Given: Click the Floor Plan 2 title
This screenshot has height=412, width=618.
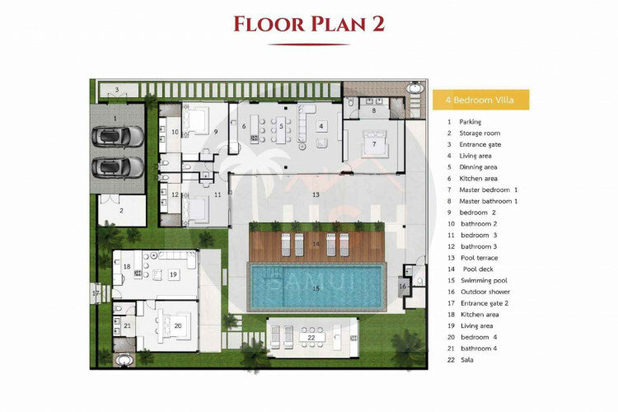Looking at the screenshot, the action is pos(309,24).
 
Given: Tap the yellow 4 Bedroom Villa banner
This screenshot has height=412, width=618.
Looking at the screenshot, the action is pos(481,100).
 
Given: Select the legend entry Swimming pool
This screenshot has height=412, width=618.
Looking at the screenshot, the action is pos(484,280).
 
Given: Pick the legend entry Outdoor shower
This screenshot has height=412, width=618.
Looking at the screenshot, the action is pos(485,292).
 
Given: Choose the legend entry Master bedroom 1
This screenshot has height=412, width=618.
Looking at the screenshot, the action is pos(489,190).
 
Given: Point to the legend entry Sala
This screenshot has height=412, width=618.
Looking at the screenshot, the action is pos(467,359).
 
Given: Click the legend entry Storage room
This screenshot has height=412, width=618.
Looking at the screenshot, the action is pos(480,133).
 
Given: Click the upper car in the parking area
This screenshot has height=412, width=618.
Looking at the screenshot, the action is pos(118,137).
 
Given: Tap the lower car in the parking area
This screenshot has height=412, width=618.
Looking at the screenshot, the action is pos(118,167).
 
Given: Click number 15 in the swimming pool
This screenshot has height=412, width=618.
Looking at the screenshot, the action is pos(316,288).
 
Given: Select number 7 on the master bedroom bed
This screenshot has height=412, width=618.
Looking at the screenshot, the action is pos(374,144).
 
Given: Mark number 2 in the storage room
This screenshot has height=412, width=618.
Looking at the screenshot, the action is pos(121,211).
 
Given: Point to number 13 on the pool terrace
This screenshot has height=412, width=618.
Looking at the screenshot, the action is pos(316,194).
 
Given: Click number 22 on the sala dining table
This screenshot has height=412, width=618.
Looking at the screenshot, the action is pos(311,338).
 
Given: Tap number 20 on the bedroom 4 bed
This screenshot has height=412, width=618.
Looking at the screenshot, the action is pos(178,325).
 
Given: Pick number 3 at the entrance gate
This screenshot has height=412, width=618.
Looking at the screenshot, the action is pos(117,90).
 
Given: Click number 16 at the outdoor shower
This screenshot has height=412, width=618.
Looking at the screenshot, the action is pos(402,286).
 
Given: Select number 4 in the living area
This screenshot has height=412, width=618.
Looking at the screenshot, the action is pos(321,126).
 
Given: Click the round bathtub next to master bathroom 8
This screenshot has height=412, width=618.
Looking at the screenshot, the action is pos(415,87).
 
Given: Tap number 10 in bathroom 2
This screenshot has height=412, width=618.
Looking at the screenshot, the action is pos(175,132).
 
